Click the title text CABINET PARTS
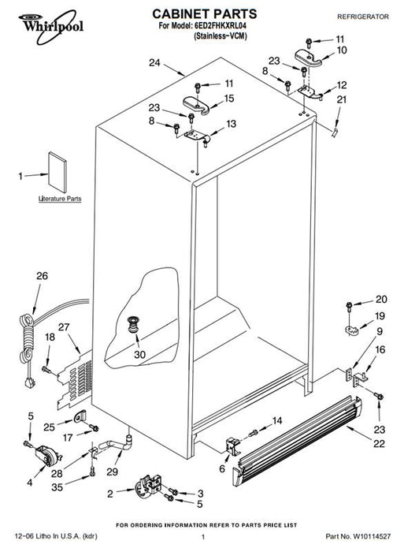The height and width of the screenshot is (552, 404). pyautogui.click(x=205, y=14)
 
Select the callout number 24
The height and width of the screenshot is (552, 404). pyautogui.click(x=154, y=62)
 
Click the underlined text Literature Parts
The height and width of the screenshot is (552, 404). pyautogui.click(x=60, y=199)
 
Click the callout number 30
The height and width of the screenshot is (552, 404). pyautogui.click(x=139, y=355)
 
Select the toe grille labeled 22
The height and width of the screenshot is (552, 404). pyautogui.click(x=297, y=440)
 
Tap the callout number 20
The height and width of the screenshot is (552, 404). pyautogui.click(x=381, y=299)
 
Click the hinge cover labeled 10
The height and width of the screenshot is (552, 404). pyautogui.click(x=308, y=58)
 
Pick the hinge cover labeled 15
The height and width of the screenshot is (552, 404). pyautogui.click(x=196, y=106)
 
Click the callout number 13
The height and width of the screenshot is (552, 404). pyautogui.click(x=231, y=124)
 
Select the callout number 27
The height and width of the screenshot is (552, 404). pyautogui.click(x=64, y=327)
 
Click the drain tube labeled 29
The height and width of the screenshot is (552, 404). pyautogui.click(x=117, y=444)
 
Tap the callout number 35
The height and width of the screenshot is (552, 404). pyautogui.click(x=57, y=487)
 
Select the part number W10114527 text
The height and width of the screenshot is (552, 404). pyautogui.click(x=372, y=536)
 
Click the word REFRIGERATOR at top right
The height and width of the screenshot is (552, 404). pyautogui.click(x=363, y=17)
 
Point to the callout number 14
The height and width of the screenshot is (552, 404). pyautogui.click(x=277, y=420)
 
